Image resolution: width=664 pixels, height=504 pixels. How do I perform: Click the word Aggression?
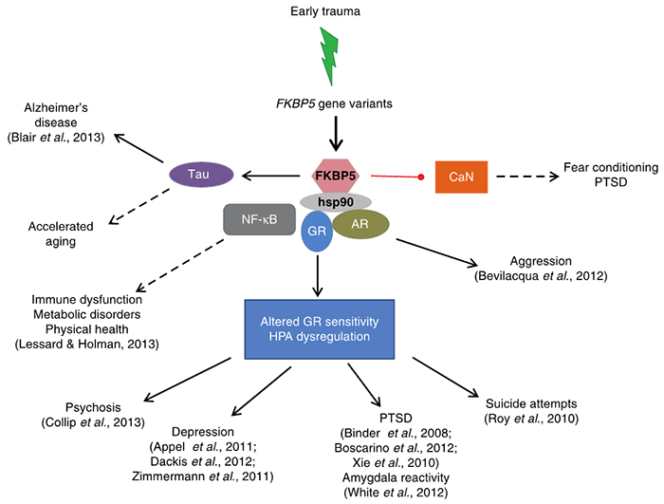pos(517,260)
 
